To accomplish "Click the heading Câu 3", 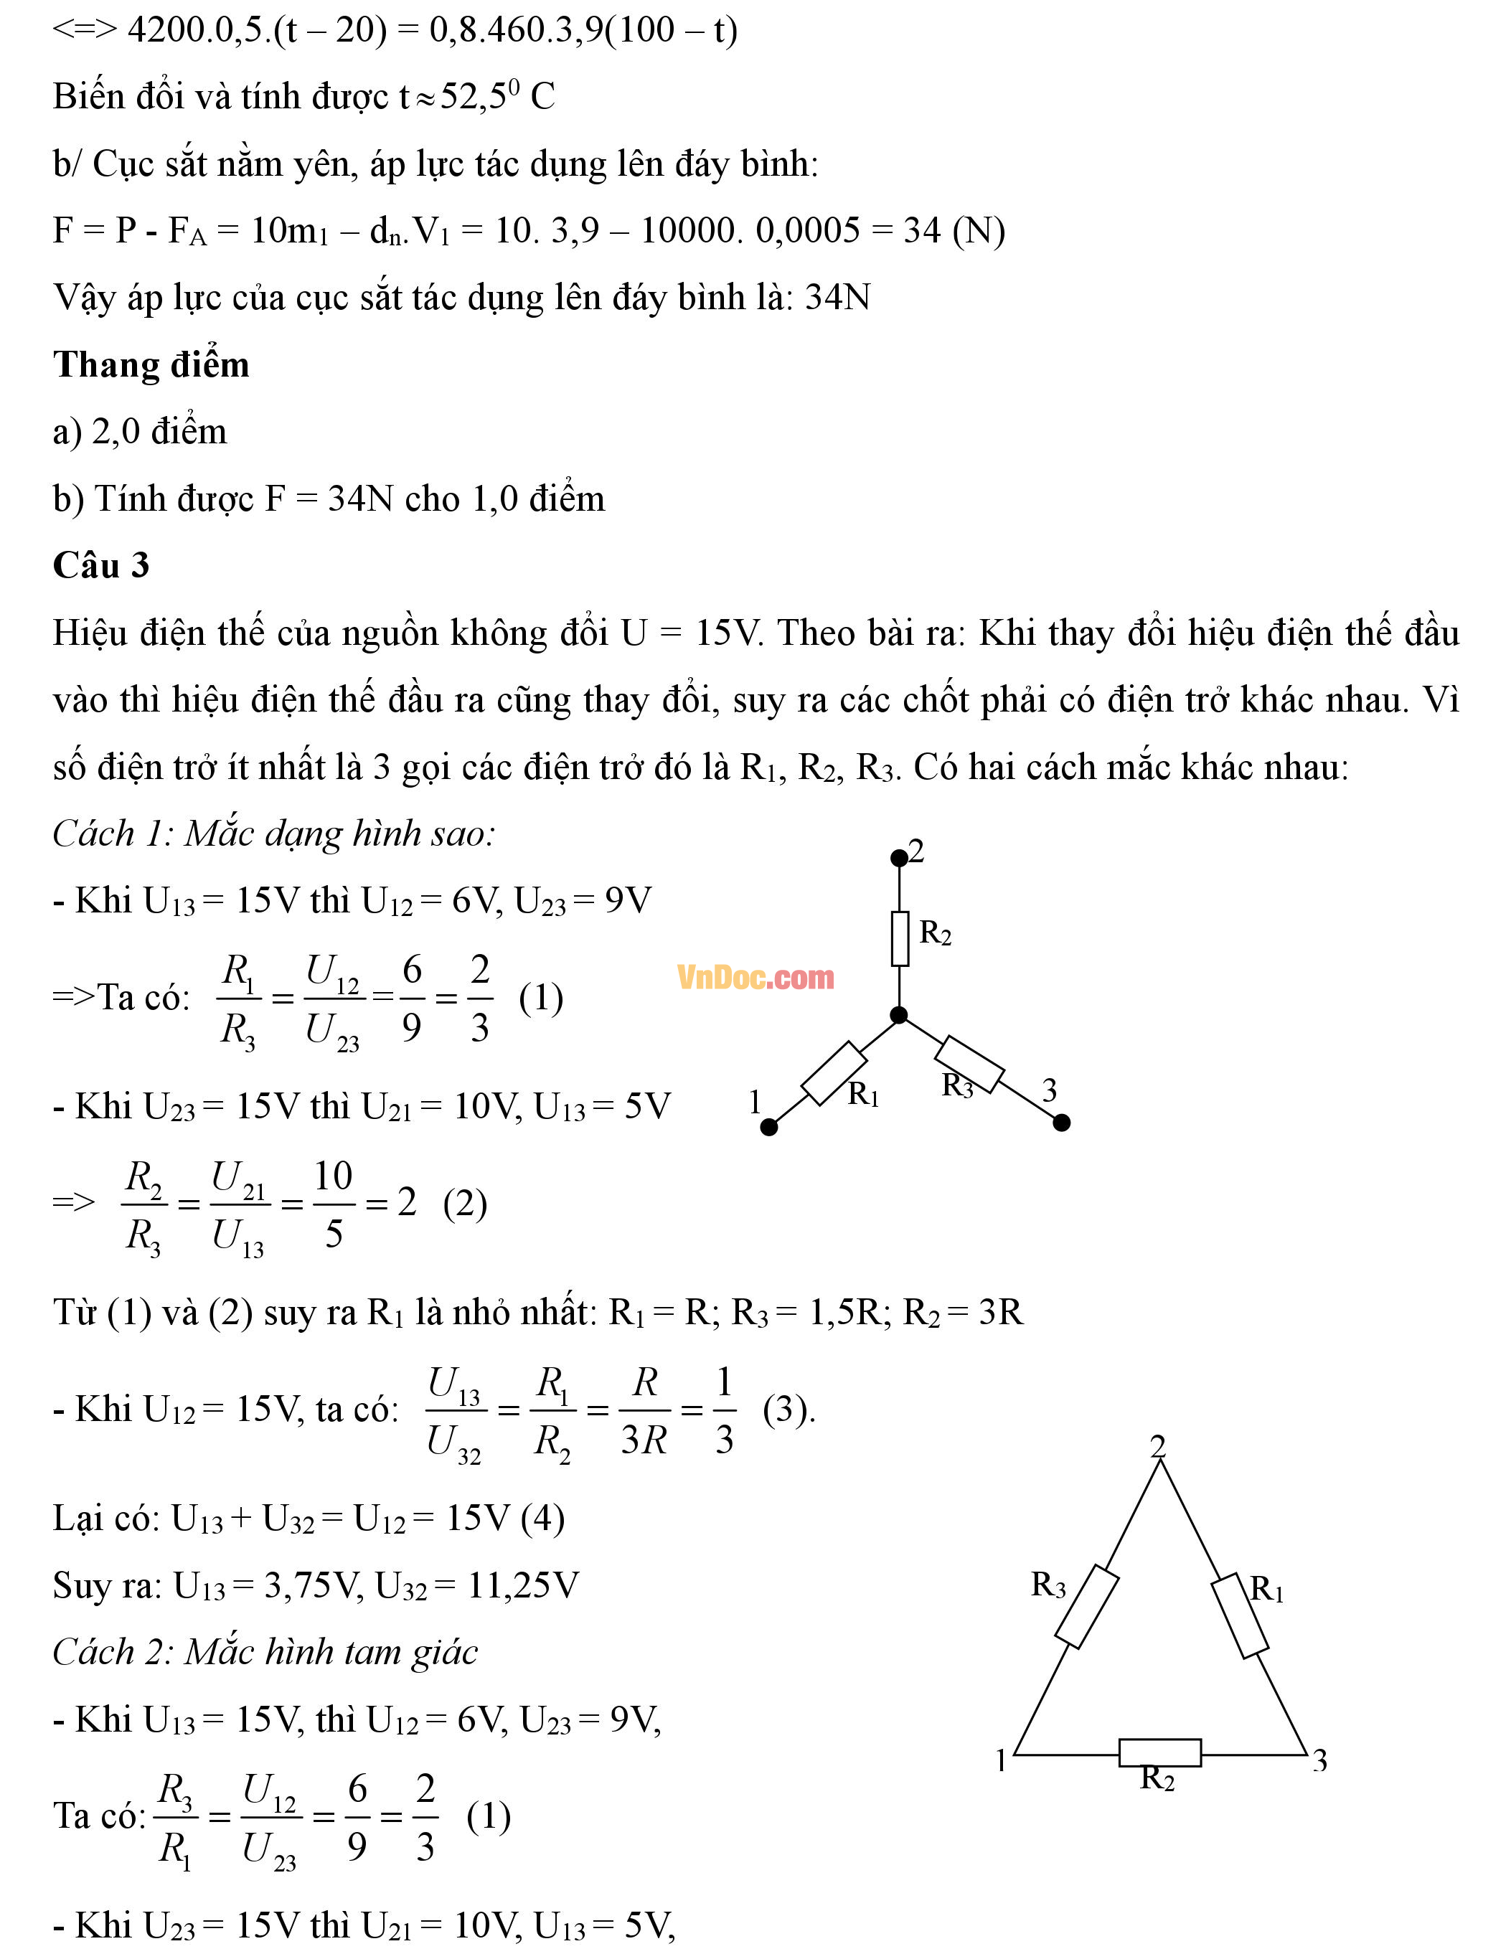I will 101,565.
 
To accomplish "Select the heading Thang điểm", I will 150,365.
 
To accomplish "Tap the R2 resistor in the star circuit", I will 900,938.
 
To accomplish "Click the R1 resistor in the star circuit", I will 834,1072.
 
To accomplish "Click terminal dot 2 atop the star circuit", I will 899,859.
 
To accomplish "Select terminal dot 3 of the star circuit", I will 1062,1123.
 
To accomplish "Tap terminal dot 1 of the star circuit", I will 768,1128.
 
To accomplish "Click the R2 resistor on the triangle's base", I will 1159,1752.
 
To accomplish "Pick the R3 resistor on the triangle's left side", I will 1087,1606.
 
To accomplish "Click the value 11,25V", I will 522,1586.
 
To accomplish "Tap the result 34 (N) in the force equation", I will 954,231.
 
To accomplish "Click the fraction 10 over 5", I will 334,1204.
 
